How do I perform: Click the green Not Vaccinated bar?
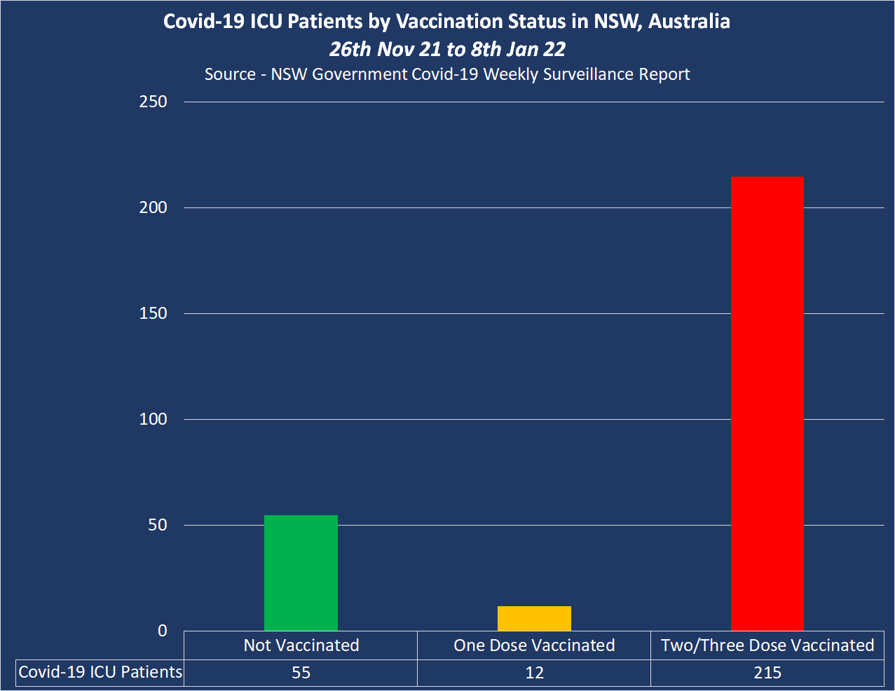click(x=301, y=573)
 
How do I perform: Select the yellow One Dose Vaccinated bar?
click(x=534, y=618)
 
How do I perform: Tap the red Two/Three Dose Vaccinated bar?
click(x=767, y=403)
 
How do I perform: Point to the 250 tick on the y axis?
click(x=153, y=102)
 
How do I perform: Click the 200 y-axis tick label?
click(x=153, y=207)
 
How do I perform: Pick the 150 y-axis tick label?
click(x=153, y=313)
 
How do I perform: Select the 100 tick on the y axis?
click(x=153, y=419)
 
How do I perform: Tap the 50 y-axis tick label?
click(x=158, y=525)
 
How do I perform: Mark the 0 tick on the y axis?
click(x=163, y=631)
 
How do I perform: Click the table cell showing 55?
click(x=301, y=673)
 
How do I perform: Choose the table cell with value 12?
click(x=534, y=673)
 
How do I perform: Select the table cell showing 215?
click(x=767, y=673)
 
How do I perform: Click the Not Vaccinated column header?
click(x=301, y=645)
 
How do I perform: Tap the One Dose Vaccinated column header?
click(x=534, y=645)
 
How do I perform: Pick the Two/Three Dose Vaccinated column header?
click(x=767, y=645)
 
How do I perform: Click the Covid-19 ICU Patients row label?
click(x=100, y=672)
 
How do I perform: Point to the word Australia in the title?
click(x=689, y=22)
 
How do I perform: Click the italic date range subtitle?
click(x=447, y=49)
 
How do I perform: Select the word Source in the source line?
click(x=230, y=74)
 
